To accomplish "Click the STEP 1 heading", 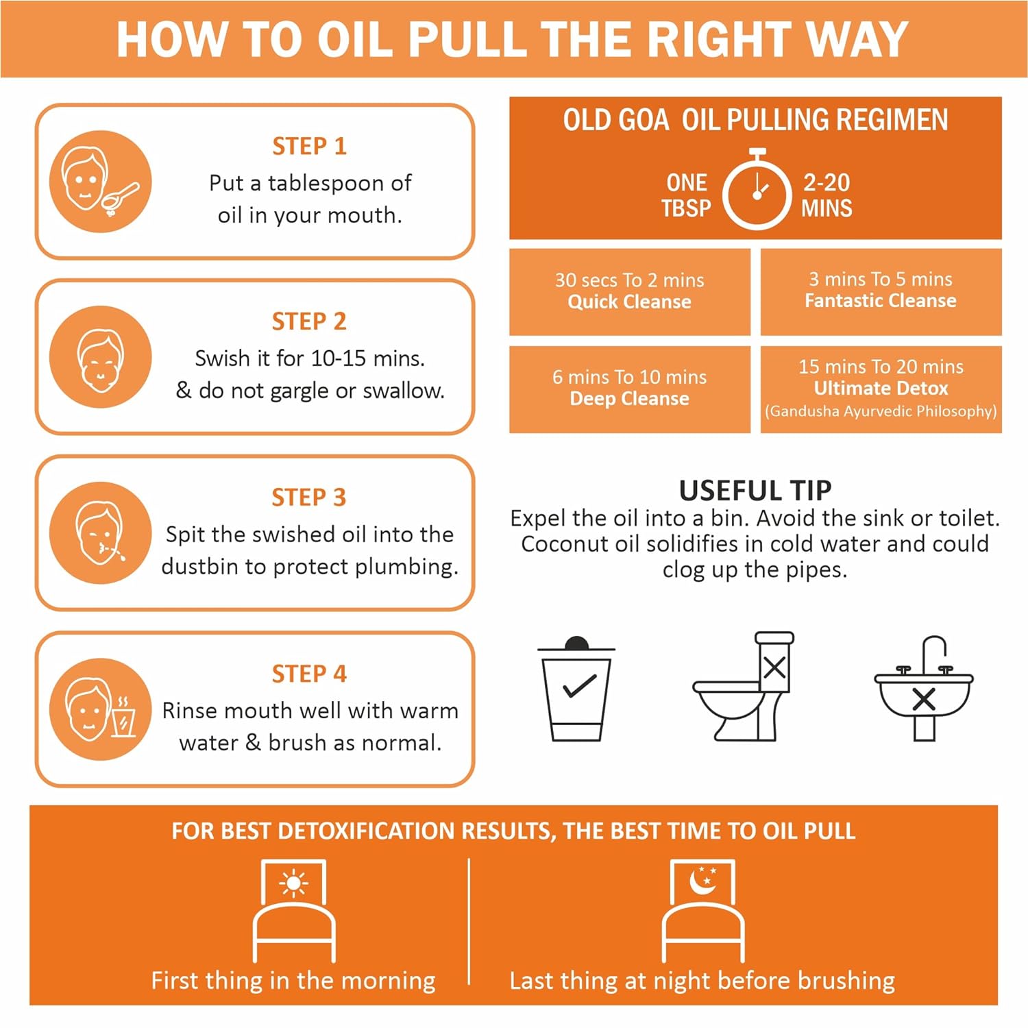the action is [309, 146].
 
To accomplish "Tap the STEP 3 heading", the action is [309, 497].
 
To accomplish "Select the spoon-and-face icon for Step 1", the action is [100, 182].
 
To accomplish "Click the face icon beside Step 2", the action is [100, 357].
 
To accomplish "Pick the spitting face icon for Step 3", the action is [100, 533].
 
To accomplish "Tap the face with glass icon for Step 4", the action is [100, 709].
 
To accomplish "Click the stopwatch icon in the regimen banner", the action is [757, 189].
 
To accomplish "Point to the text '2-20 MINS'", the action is [827, 195].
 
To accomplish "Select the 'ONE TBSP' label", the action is [686, 195].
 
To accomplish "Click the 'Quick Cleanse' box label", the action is [629, 302].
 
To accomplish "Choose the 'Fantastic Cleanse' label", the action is [881, 300].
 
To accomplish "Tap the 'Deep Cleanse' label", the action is [629, 398].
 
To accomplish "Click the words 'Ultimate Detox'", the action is [881, 388].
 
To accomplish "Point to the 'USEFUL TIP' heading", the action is [755, 490].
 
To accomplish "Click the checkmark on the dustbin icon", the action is [579, 686].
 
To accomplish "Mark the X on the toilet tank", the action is [774, 667].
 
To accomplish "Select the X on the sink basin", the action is [924, 699].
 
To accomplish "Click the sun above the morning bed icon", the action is [293, 883].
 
